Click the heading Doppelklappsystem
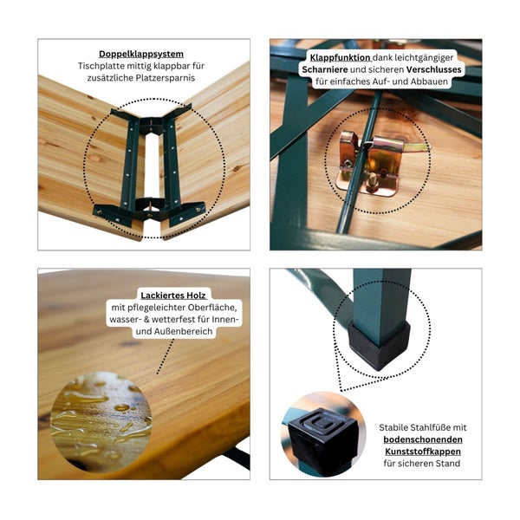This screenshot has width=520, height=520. pyautogui.click(x=144, y=53)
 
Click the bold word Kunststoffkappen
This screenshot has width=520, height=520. pyautogui.click(x=424, y=452)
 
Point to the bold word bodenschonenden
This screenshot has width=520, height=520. pyautogui.click(x=424, y=439)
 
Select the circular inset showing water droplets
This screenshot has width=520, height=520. pyautogui.click(x=101, y=421)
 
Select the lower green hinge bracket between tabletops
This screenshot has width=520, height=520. pyautogui.click(x=150, y=208)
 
